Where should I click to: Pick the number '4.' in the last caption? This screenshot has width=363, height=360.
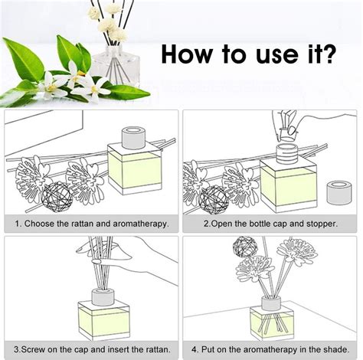pos(195,346)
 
